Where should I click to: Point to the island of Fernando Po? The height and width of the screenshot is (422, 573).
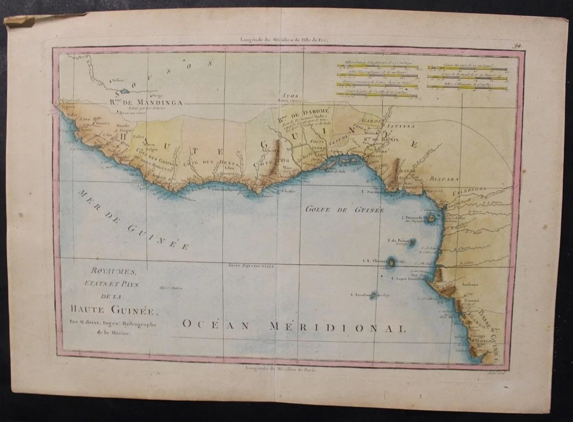(x=431, y=219)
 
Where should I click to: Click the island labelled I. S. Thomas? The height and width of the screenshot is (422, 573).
(x=391, y=262)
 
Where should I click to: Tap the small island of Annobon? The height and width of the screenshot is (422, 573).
(x=373, y=295)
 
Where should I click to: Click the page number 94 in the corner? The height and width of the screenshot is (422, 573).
(x=516, y=45)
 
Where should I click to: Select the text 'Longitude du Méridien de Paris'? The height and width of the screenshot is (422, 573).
(x=282, y=369)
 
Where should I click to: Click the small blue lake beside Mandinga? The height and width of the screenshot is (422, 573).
(x=124, y=91)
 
